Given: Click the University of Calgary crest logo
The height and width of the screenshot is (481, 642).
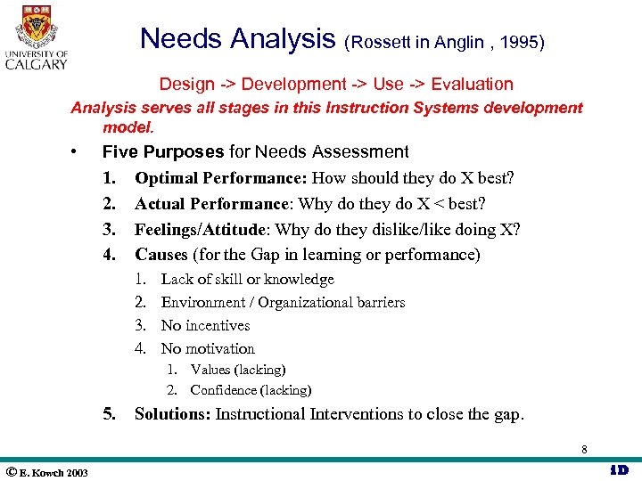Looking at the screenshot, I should (36, 27).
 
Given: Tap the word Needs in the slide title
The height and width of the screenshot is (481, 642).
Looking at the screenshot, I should (180, 39).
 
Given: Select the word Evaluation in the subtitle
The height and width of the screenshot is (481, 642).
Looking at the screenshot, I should (472, 85).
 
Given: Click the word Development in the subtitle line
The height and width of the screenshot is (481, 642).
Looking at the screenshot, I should (292, 85).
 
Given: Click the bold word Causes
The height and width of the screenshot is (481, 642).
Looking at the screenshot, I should (161, 255).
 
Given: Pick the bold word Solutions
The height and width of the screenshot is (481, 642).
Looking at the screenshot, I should (173, 413).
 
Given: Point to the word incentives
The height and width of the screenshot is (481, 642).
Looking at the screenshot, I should (218, 326).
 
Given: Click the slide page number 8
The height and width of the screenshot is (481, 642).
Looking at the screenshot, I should (583, 450).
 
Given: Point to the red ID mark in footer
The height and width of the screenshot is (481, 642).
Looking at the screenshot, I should (618, 469).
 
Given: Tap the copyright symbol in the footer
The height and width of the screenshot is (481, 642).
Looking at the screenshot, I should (12, 471).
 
